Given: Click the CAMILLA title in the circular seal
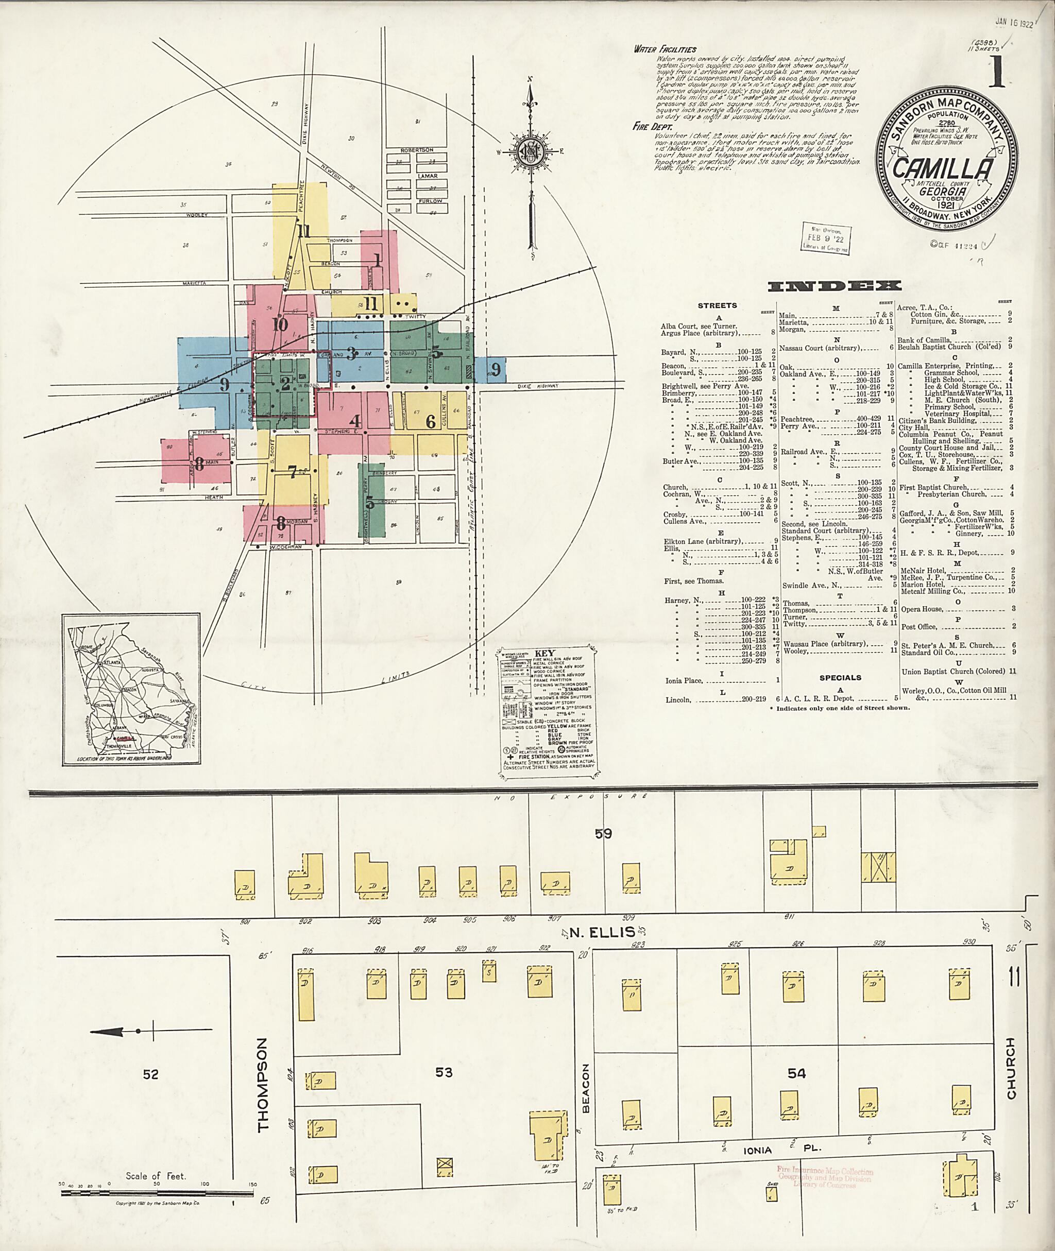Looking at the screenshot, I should pyautogui.click(x=943, y=168).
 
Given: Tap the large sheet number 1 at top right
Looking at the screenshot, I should pyautogui.click(x=995, y=71).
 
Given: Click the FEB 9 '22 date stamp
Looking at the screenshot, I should pyautogui.click(x=826, y=238).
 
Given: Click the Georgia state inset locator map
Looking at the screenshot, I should pyautogui.click(x=131, y=689).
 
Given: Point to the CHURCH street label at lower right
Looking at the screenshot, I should pyautogui.click(x=1011, y=1077).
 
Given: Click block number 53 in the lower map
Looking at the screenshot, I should pyautogui.click(x=444, y=1072).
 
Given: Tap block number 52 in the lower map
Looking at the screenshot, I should pyautogui.click(x=151, y=1074).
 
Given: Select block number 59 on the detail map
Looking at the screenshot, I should pyautogui.click(x=603, y=833).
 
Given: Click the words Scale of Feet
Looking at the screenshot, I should pyautogui.click(x=156, y=1176).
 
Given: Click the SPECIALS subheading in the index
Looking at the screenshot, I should pyautogui.click(x=840, y=678).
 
